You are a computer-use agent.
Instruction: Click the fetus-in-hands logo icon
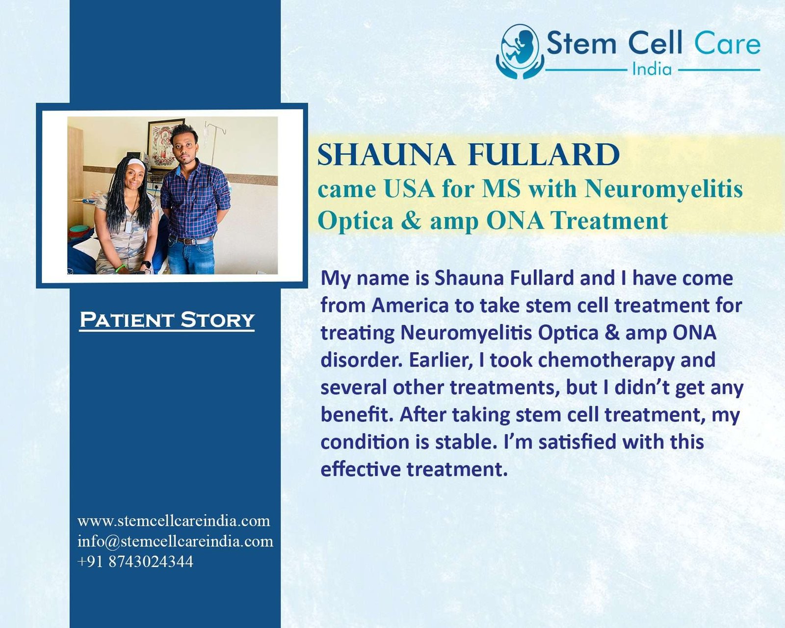pos(520,52)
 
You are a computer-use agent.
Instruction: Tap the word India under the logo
pos(652,69)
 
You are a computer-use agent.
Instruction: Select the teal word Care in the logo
pos(727,43)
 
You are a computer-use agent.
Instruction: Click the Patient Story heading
pos(167,320)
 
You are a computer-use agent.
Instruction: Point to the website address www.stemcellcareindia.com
pos(174,521)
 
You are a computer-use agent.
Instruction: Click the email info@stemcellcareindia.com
pos(175,541)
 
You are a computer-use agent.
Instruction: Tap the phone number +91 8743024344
pos(135,561)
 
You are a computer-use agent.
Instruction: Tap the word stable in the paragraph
pos(463,442)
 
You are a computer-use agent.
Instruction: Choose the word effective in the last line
pos(361,469)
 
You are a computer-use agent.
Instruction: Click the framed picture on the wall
pos(165,144)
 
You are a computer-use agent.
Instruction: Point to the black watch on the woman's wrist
pos(146,264)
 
